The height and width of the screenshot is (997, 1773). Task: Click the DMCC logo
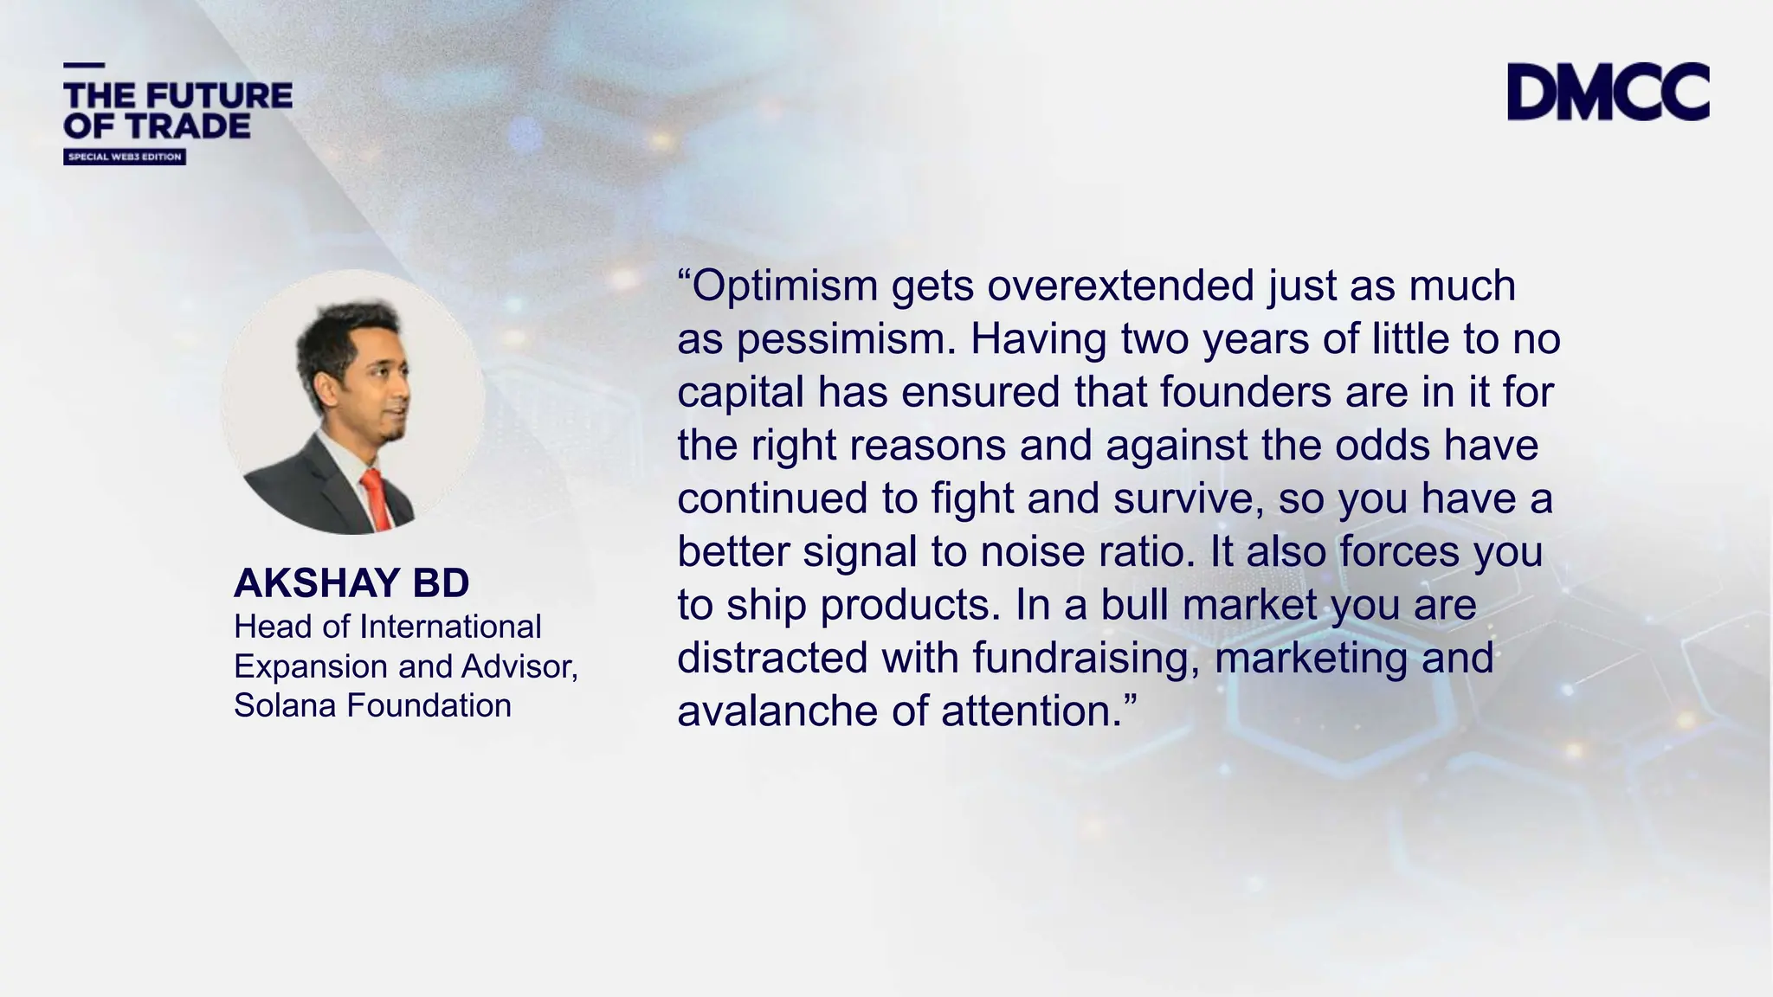coord(1608,91)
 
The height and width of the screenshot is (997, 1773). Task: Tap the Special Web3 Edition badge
coord(125,157)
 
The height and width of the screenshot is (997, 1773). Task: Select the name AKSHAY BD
coord(351,582)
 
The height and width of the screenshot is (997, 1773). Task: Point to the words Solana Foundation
coord(372,705)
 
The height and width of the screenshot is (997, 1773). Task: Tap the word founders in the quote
coord(1246,392)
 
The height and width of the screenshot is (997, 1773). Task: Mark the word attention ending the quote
coord(1027,711)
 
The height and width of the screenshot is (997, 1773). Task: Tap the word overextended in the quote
coord(1120,286)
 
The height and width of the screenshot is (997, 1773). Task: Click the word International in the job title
coord(450,627)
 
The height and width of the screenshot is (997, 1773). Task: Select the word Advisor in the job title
coord(519,666)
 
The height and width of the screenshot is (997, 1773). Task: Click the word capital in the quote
coord(741,392)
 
